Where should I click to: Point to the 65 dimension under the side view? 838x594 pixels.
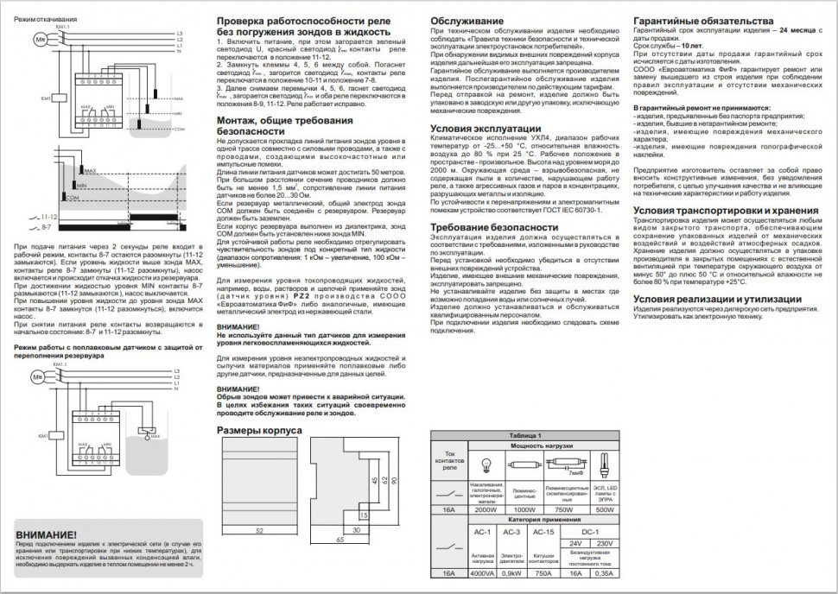click(x=339, y=538)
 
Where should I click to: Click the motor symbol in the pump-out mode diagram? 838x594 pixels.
click(x=39, y=40)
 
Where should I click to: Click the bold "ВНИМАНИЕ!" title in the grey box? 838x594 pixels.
click(x=52, y=533)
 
